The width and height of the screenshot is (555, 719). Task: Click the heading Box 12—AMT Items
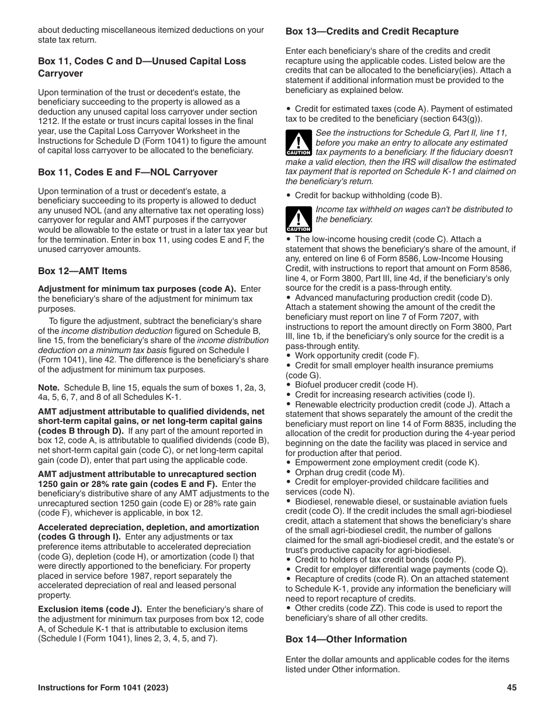[x=82, y=271]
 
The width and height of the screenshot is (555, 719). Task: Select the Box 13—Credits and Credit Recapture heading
[x=372, y=32]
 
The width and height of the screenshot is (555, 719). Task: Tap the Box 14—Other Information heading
[x=346, y=640]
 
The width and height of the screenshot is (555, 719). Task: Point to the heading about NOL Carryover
[x=127, y=172]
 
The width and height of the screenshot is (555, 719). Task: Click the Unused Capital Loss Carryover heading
[x=142, y=67]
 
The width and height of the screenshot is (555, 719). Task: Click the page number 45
[x=512, y=688]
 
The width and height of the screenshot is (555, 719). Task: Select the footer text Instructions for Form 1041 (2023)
[x=103, y=688]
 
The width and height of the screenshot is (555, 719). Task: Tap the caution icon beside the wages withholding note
[x=298, y=219]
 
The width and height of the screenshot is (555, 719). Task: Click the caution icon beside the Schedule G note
[x=298, y=143]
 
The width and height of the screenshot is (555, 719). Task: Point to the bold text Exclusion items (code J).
[x=90, y=609]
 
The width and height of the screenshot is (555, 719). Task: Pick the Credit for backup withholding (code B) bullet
[x=368, y=195]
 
